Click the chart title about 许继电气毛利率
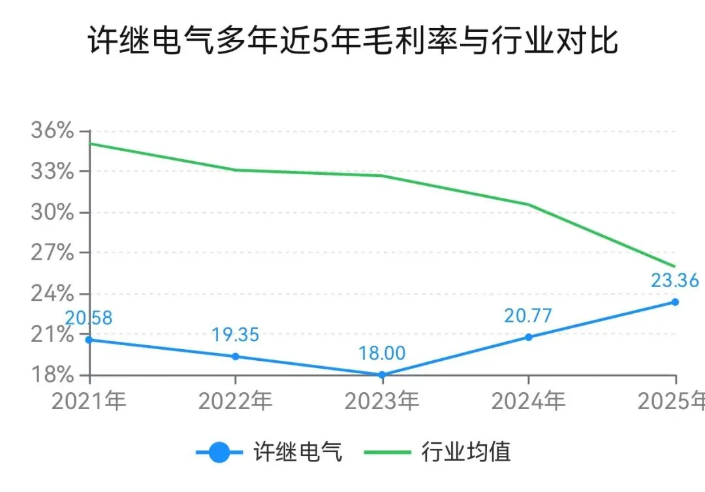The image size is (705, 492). [x=353, y=40]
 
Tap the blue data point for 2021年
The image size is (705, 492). [x=89, y=340]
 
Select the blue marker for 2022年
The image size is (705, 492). [x=236, y=356]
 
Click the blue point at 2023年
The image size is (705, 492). [x=382, y=375]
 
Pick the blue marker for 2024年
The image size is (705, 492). [x=529, y=337]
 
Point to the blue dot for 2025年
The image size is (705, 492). [x=675, y=302]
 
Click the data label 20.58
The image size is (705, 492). [x=89, y=318]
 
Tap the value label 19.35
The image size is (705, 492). [x=235, y=335]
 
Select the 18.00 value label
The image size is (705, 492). [x=382, y=353]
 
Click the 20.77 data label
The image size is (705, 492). [x=528, y=316]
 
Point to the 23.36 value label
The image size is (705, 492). [x=675, y=281]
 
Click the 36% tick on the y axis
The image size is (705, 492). [x=52, y=131]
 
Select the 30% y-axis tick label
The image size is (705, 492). [x=52, y=212]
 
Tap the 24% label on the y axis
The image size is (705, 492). [x=52, y=294]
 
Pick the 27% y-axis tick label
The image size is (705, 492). [x=52, y=253]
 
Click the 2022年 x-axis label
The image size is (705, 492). [x=236, y=401]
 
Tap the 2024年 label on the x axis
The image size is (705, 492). [x=528, y=401]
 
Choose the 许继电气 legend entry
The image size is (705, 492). [x=270, y=452]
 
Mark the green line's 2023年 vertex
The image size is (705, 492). [x=382, y=176]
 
